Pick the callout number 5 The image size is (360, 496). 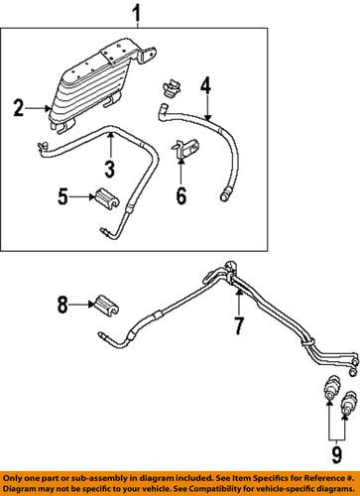pos(63,197)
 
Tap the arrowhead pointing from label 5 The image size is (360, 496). pos(89,197)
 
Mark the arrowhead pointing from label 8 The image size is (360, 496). pos(90,305)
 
